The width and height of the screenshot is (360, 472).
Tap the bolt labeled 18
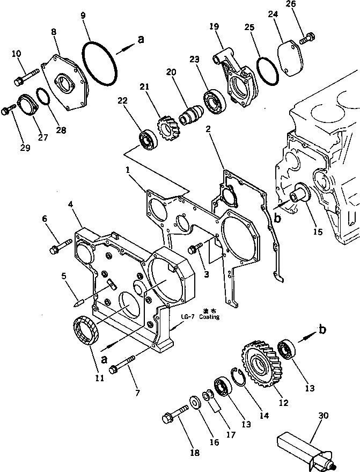pyautogui.click(x=175, y=413)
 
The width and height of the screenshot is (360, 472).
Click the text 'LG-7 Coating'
pyautogui.click(x=204, y=317)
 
